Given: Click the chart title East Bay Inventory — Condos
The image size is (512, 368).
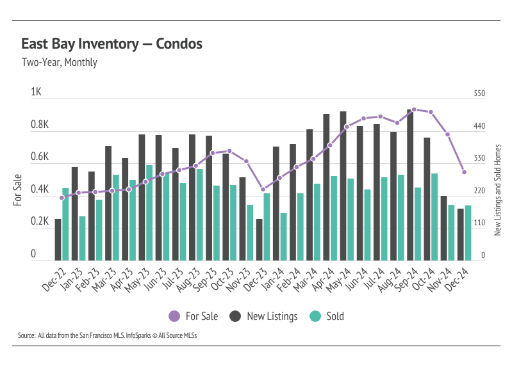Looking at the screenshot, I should point(111,44).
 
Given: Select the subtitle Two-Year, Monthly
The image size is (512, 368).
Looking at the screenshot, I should point(59,63).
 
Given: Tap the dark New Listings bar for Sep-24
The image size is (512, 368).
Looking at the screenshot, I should point(410,185).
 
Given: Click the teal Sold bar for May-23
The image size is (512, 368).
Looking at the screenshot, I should point(149,212).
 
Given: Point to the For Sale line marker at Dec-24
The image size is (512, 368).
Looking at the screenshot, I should point(464,172).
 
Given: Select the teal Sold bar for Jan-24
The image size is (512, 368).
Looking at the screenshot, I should point(283,237).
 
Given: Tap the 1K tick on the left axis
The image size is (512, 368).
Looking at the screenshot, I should point(36,92).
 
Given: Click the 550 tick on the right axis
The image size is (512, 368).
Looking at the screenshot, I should point(480,93).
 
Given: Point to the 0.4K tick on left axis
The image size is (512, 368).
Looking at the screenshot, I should point(40,189).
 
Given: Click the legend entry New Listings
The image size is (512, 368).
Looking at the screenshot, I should point(263,316).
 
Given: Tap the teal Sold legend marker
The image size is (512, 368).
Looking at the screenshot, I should point(315,316).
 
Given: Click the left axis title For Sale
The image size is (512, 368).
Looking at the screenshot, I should point(18,190).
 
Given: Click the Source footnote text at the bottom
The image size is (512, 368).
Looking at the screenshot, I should point(107,335).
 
